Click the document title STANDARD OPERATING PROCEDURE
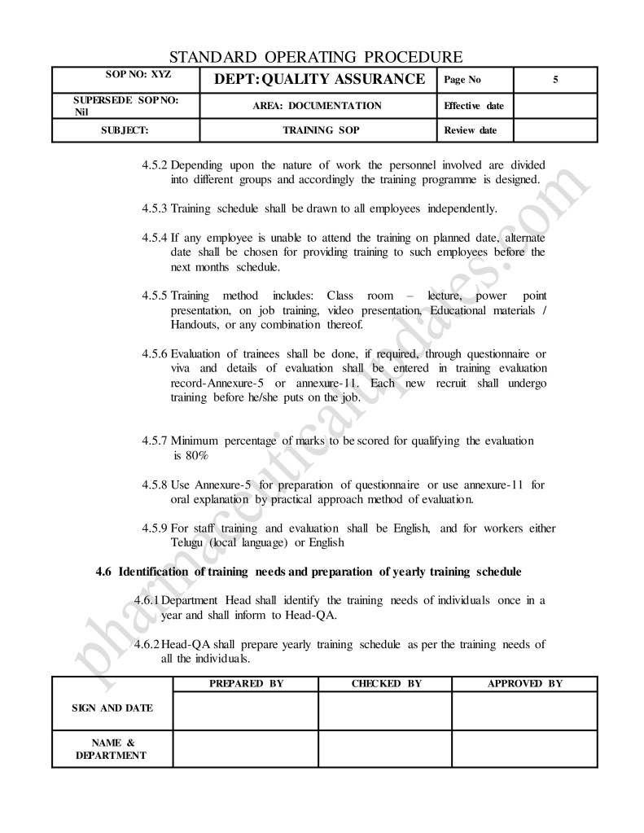tap(316, 57)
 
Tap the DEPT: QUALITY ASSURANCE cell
tap(318, 79)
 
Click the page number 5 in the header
tap(554, 80)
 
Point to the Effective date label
tap(473, 106)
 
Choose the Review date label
tap(470, 130)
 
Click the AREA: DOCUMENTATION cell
tap(318, 106)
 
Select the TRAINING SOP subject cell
tap(318, 130)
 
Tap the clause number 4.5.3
tap(154, 208)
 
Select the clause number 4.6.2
tap(147, 644)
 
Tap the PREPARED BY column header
tap(246, 684)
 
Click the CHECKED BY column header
tap(386, 684)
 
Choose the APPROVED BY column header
tap(524, 684)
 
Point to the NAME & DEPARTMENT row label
tap(112, 748)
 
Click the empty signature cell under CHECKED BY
tap(385, 710)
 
